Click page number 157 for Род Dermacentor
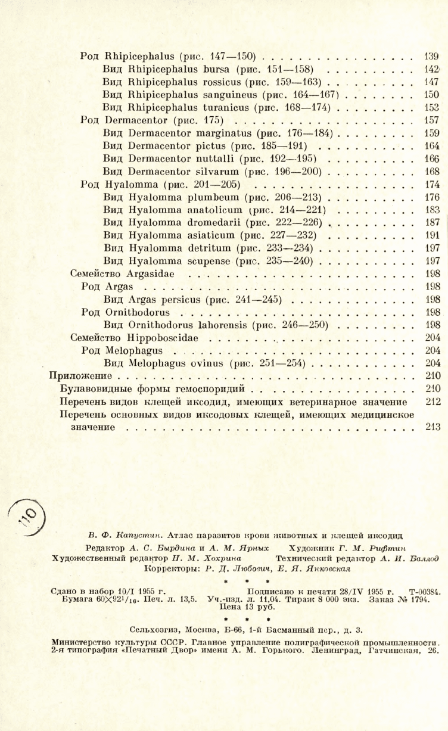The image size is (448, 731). click(431, 120)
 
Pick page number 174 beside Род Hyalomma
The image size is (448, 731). click(431, 185)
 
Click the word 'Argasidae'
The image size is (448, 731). click(150, 274)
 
